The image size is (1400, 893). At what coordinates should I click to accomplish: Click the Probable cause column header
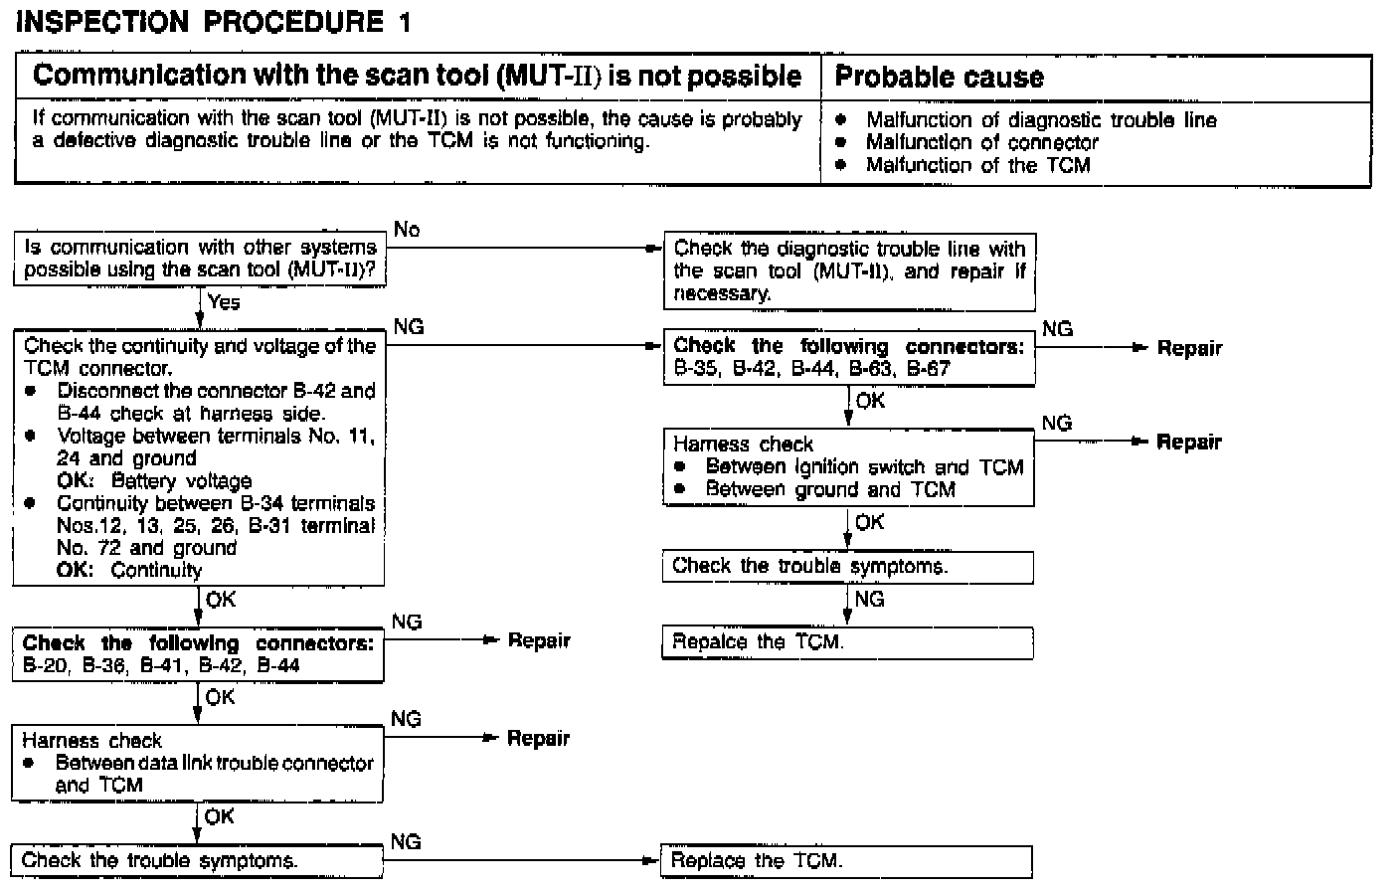point(939,77)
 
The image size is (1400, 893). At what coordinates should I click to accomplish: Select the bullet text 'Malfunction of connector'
point(981,142)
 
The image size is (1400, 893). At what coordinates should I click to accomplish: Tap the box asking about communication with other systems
point(200,259)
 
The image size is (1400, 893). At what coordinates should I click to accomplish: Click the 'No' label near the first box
point(407,230)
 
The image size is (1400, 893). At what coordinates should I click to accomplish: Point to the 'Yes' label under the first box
point(224,302)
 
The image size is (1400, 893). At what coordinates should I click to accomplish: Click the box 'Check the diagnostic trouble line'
point(849,270)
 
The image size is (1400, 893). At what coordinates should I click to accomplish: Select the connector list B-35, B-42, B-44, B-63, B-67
point(811,369)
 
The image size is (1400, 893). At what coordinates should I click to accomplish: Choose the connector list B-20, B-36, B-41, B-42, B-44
point(161,665)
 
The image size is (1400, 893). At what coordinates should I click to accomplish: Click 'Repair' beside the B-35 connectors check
point(1189,348)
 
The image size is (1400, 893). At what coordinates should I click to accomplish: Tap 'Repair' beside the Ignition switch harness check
point(1188,442)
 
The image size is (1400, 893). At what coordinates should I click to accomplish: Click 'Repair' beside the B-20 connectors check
point(539,640)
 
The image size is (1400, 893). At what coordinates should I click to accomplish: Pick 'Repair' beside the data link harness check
point(538,738)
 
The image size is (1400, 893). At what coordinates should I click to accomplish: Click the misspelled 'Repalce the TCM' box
point(847,642)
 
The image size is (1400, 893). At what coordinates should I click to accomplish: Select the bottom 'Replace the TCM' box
point(847,861)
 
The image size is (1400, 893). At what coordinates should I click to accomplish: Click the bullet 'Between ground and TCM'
point(830,489)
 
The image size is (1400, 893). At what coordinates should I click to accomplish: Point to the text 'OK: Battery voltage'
point(154,481)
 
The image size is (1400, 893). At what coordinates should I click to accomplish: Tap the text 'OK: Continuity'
point(129,571)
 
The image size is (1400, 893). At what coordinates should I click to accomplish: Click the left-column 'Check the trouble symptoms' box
point(197,861)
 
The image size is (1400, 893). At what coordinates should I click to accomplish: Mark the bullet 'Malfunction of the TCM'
point(977,165)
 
